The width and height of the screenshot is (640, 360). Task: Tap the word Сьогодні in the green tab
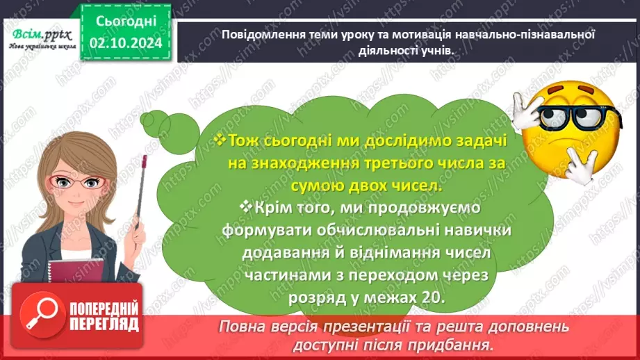point(126,22)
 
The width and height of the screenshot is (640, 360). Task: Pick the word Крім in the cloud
point(261,207)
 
